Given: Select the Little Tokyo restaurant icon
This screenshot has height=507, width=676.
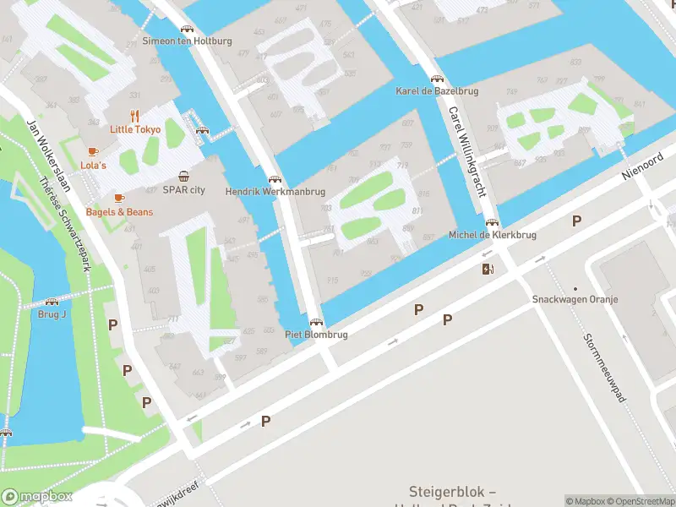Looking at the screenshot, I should point(134,116).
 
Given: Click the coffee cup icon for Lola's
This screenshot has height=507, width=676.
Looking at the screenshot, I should point(93,152).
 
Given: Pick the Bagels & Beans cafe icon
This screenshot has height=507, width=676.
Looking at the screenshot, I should point(118,199).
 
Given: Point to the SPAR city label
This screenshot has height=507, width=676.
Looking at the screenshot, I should point(183,190).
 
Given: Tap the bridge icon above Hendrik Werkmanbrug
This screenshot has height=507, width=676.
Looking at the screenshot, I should point(274,179).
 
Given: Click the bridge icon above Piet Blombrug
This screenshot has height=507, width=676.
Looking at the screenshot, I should point(316,322).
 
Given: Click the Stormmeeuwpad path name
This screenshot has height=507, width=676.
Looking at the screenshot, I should point(602,367).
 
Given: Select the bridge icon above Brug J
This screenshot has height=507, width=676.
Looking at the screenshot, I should point(52,302).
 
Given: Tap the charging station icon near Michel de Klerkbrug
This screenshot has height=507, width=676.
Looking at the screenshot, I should point(487,270).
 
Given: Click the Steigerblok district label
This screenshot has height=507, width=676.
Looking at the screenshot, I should point(452,492).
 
